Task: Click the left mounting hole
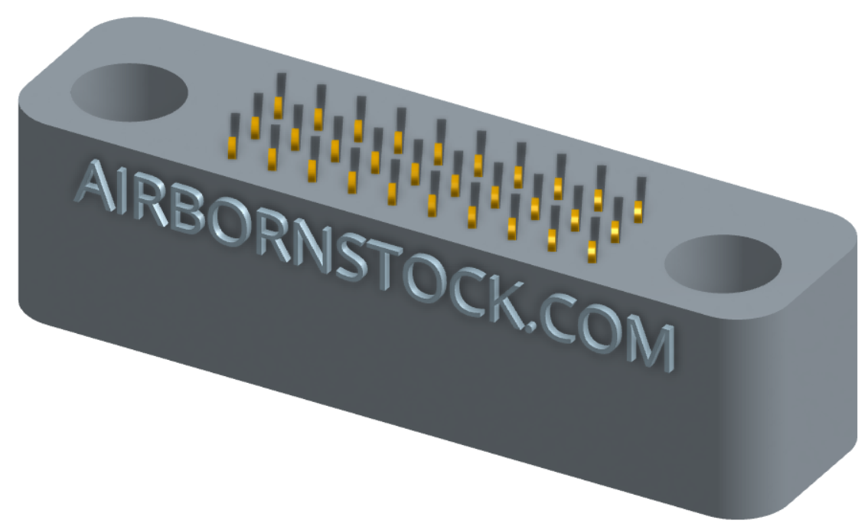[x=129, y=92]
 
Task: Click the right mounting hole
[x=723, y=263]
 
